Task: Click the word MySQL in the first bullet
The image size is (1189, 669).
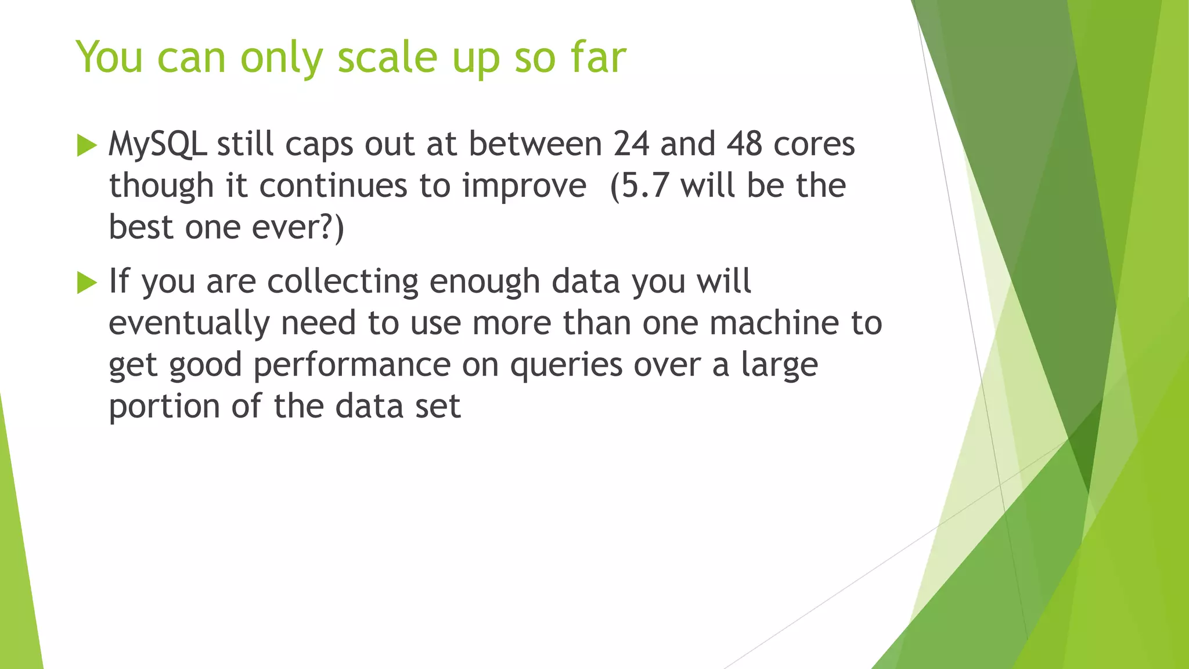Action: (x=157, y=144)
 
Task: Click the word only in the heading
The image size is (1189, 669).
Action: (x=281, y=58)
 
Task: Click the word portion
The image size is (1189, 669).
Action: (x=164, y=407)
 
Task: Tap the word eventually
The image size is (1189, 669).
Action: (x=189, y=324)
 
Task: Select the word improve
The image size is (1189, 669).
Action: (x=524, y=186)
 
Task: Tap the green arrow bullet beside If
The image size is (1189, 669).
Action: (x=87, y=283)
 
